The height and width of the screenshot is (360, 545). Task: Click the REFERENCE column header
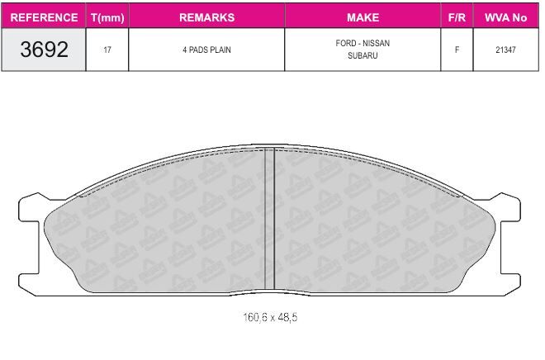click(x=44, y=17)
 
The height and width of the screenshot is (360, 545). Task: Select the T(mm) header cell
click(x=107, y=17)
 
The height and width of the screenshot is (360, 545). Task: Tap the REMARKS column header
click(x=206, y=17)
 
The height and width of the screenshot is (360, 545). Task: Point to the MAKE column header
click(x=363, y=17)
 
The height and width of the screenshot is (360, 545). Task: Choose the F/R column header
click(x=457, y=17)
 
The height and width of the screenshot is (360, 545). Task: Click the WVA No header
click(x=505, y=17)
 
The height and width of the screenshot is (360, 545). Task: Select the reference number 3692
click(x=44, y=50)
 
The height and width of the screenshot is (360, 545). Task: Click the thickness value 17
click(x=107, y=50)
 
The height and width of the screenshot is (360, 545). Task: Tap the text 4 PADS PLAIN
click(x=206, y=50)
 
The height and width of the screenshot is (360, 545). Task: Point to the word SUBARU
click(x=363, y=55)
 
